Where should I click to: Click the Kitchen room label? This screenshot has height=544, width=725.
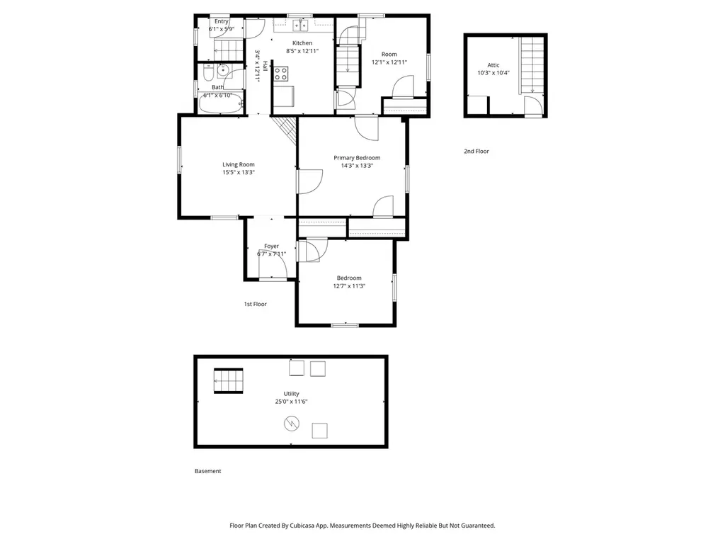pos(302,43)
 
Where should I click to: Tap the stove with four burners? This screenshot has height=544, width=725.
pos(280,74)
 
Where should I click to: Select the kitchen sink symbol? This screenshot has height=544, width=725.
pos(300,25)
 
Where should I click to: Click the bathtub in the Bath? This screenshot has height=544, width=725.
pos(221,103)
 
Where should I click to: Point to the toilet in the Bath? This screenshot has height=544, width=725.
pos(207,73)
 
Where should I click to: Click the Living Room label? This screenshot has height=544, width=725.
pos(238,164)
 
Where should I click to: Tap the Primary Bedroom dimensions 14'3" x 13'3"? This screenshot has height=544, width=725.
pos(357,166)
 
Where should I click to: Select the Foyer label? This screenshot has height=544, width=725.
pos(271,246)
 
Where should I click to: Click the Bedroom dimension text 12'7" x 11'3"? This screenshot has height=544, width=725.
pos(349,286)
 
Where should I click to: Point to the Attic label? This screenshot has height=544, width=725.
pos(493,65)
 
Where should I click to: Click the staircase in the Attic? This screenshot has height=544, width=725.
pos(532,65)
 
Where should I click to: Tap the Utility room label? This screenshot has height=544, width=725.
pos(291,394)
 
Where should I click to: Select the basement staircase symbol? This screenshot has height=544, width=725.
pos(229,380)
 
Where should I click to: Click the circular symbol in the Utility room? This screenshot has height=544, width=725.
pos(291,423)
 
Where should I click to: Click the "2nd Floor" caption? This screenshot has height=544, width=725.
pos(476,152)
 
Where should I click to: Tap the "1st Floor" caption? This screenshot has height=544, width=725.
pos(255,304)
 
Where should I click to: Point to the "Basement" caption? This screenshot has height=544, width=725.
pos(207,471)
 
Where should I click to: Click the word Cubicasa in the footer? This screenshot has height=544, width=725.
pos(302,526)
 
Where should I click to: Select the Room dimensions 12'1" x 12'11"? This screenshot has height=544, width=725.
pos(389,62)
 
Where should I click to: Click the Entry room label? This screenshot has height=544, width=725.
pos(222,21)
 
